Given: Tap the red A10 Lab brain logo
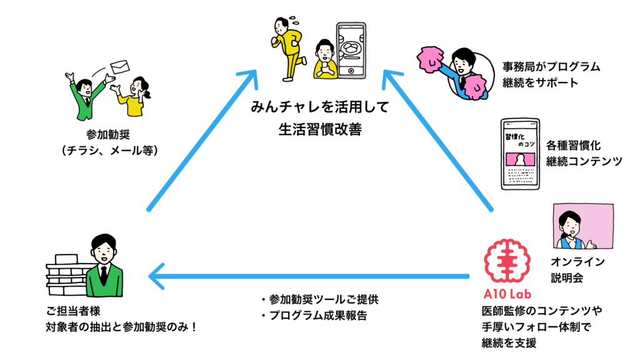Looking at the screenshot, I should coord(507,263).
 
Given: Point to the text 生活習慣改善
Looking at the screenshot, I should coord(320,129).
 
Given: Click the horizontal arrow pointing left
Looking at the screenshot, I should coord(312,276).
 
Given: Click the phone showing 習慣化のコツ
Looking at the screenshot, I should coord(520,154).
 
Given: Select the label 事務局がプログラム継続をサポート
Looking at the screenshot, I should coord(551,74).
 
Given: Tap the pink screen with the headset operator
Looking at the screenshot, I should coord(581,227).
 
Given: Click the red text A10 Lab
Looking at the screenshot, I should coord(507,294).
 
